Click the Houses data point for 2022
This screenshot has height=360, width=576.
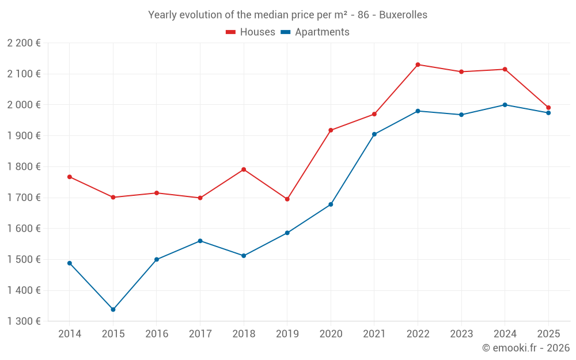click(418, 65)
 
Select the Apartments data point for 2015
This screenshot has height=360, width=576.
click(113, 310)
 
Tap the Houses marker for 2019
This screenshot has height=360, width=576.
click(287, 199)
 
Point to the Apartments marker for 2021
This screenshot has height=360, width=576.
click(374, 134)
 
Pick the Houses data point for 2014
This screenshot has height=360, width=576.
click(70, 177)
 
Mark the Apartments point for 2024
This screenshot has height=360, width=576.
click(505, 105)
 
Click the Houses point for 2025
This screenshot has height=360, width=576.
click(548, 108)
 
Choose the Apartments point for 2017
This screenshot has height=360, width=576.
click(200, 241)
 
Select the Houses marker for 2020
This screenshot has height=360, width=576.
click(331, 130)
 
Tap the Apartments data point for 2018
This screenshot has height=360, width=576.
click(244, 256)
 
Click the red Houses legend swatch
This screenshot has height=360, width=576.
click(231, 32)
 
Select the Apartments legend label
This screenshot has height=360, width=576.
click(322, 32)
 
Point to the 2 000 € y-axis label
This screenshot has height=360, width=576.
click(24, 105)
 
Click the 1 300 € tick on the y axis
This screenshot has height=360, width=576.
click(24, 321)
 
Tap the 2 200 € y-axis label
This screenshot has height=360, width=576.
click(24, 43)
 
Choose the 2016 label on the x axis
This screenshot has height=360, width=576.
click(157, 334)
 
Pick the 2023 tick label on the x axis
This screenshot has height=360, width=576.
click(461, 334)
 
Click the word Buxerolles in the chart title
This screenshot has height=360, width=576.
click(403, 15)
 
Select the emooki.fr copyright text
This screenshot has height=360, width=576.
click(525, 348)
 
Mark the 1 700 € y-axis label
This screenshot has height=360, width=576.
click(24, 198)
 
